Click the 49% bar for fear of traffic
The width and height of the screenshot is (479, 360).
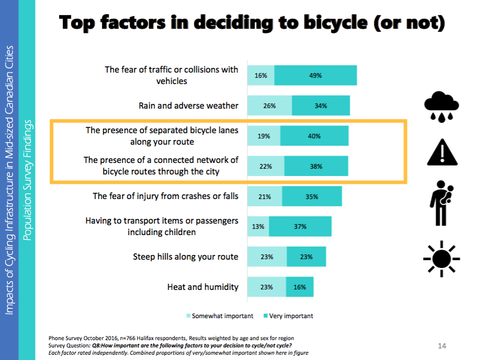(x=315, y=75)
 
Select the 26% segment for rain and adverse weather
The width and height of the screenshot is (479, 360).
(x=269, y=106)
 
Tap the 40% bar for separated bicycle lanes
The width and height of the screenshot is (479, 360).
(x=314, y=136)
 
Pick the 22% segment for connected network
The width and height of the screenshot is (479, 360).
(x=266, y=166)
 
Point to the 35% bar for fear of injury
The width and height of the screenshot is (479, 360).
(x=312, y=196)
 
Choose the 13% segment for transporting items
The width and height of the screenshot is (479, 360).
(x=258, y=227)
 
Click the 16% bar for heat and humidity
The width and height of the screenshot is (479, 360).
(x=300, y=287)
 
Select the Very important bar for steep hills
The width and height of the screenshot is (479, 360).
(x=306, y=257)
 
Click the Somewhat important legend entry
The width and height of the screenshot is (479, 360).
(x=220, y=316)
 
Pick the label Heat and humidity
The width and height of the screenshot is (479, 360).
(x=203, y=287)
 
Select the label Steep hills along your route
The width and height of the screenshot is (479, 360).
(x=186, y=257)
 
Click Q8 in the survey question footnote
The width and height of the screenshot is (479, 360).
(x=97, y=346)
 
